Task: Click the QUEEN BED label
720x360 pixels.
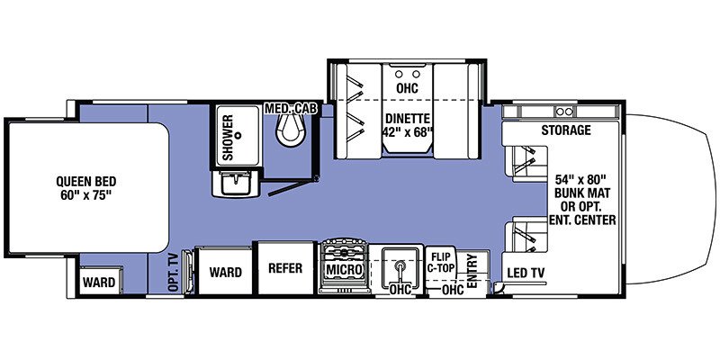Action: (x=87, y=179)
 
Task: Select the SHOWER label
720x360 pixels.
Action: (x=228, y=138)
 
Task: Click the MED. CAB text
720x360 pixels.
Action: (x=287, y=109)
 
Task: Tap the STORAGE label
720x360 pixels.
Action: (x=565, y=130)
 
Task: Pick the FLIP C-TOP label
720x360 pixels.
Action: (x=440, y=261)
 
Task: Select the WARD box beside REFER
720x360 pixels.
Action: (x=224, y=271)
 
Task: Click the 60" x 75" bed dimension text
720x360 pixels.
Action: (x=87, y=193)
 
